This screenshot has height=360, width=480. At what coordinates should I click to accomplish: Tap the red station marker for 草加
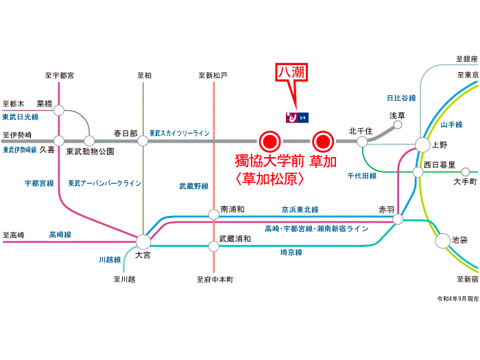pyautogui.click(x=322, y=142)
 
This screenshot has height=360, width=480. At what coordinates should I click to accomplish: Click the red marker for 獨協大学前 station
pyautogui.click(x=269, y=142)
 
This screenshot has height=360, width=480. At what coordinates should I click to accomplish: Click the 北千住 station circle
pyautogui.click(x=362, y=141)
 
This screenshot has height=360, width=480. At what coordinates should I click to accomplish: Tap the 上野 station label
pyautogui.click(x=439, y=145)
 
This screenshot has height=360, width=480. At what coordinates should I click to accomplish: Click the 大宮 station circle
pyautogui.click(x=143, y=241)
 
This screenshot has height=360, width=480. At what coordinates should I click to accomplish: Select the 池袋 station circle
pyautogui.click(x=442, y=241)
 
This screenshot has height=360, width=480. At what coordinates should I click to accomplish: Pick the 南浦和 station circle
pyautogui.click(x=214, y=214)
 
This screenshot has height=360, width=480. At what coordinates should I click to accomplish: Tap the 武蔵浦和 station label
pyautogui.click(x=235, y=239)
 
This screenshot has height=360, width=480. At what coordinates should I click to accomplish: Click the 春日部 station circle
pyautogui.click(x=143, y=141)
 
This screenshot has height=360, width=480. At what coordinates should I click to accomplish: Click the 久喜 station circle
pyautogui.click(x=59, y=141)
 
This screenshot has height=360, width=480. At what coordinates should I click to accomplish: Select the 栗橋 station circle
pyautogui.click(x=59, y=109)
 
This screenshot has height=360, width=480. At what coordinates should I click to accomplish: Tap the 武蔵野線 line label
pyautogui.click(x=193, y=186)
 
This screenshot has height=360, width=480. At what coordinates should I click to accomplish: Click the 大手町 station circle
pyautogui.click(x=466, y=171)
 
